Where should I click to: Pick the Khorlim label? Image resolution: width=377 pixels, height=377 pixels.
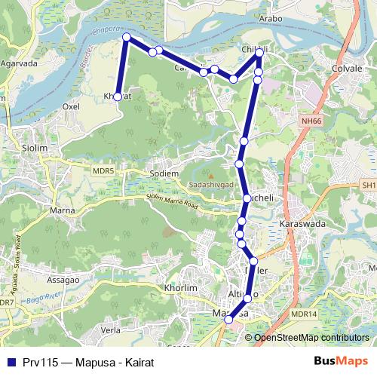coord(179,288)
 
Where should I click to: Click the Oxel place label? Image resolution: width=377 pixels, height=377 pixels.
coord(71,107)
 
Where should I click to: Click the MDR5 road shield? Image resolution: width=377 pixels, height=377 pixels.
coord(103,171)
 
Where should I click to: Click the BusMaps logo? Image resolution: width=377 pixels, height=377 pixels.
coord(341,360)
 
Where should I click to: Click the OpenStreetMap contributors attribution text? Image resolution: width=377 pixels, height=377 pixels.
coord(311,338)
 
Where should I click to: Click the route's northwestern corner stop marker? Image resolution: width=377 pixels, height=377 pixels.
coord(127,37)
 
